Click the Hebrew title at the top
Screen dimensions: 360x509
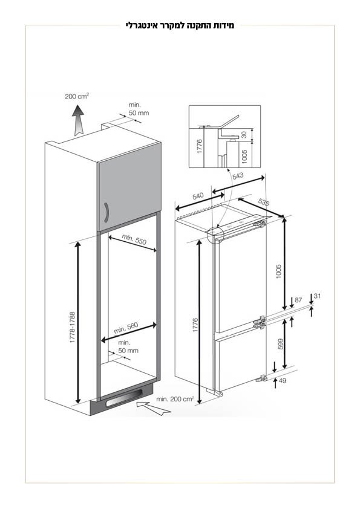pos(180,25)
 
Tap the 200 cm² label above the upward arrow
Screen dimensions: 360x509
pos(77,96)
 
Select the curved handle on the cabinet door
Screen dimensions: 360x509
pos(106,213)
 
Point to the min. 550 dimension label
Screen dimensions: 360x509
pos(134,239)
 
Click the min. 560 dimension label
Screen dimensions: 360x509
pos(126,328)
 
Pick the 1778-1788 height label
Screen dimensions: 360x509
pos(72,327)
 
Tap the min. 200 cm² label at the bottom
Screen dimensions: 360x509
pos(175,399)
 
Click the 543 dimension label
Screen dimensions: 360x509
pos(238,176)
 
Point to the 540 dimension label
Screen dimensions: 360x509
pos(198,196)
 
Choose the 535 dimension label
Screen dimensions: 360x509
pos(264,202)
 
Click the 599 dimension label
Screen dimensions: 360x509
pos(281,344)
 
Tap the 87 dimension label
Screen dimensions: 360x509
pos(298,300)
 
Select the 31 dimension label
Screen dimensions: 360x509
pos(318,296)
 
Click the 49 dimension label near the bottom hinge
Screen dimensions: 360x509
pos(283,380)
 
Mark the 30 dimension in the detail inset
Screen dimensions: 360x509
pos(244,134)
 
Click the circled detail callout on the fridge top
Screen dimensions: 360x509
pos(215,235)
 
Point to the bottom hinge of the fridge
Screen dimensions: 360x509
pos(261,378)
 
